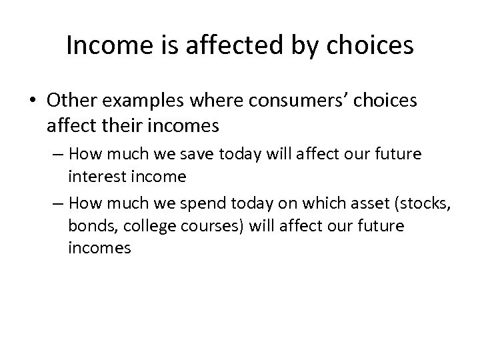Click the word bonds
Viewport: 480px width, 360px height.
click(x=88, y=226)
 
